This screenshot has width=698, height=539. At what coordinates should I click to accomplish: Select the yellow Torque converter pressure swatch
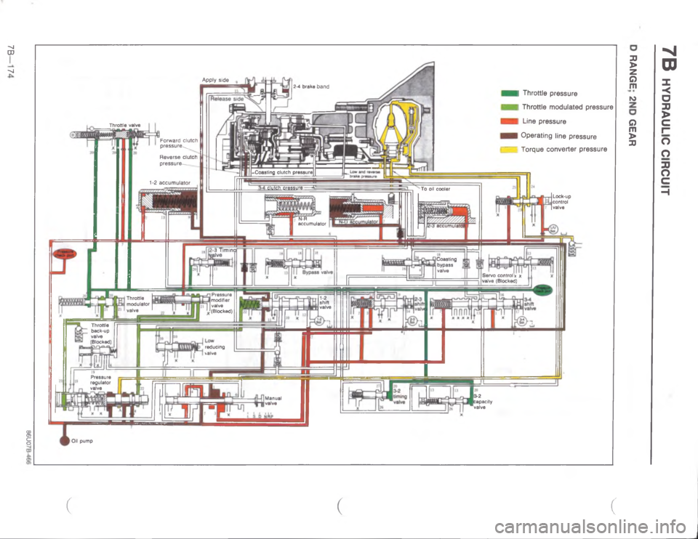click(x=508, y=149)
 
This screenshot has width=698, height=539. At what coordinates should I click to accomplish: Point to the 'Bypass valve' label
click(x=318, y=273)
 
